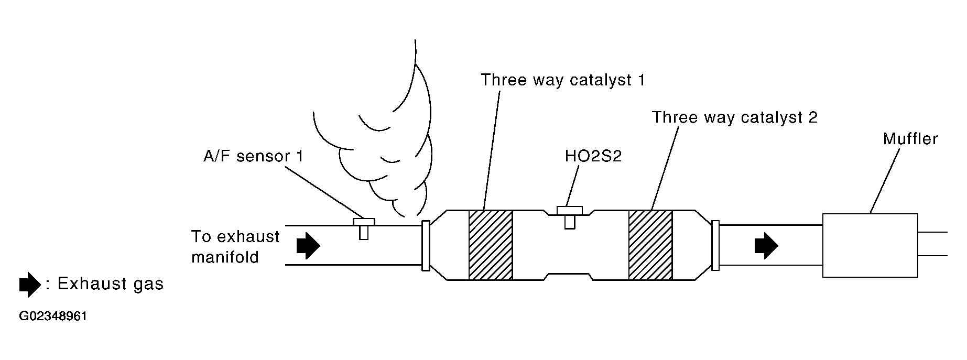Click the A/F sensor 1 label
pyautogui.click(x=253, y=156)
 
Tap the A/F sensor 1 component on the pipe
pyautogui.click(x=363, y=228)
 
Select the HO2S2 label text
pyautogui.click(x=593, y=156)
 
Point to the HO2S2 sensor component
pyautogui.click(x=569, y=217)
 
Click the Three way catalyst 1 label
pyautogui.click(x=563, y=80)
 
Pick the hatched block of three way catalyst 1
pyautogui.click(x=490, y=245)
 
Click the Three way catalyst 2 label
pyautogui.click(x=734, y=117)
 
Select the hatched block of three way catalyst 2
pyautogui.click(x=650, y=245)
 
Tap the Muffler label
pyautogui.click(x=910, y=138)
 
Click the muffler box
pyautogui.click(x=870, y=245)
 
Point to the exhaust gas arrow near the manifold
pyautogui.click(x=308, y=245)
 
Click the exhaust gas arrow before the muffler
pyautogui.click(x=766, y=245)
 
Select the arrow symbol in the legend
pyautogui.click(x=29, y=285)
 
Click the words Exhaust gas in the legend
pyautogui.click(x=111, y=283)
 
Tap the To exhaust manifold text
pyautogui.click(x=235, y=247)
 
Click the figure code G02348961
pyautogui.click(x=53, y=317)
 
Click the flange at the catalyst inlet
pyautogui.click(x=426, y=245)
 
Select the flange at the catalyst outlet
pyautogui.click(x=715, y=245)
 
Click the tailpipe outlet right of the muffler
pyautogui.click(x=933, y=244)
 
